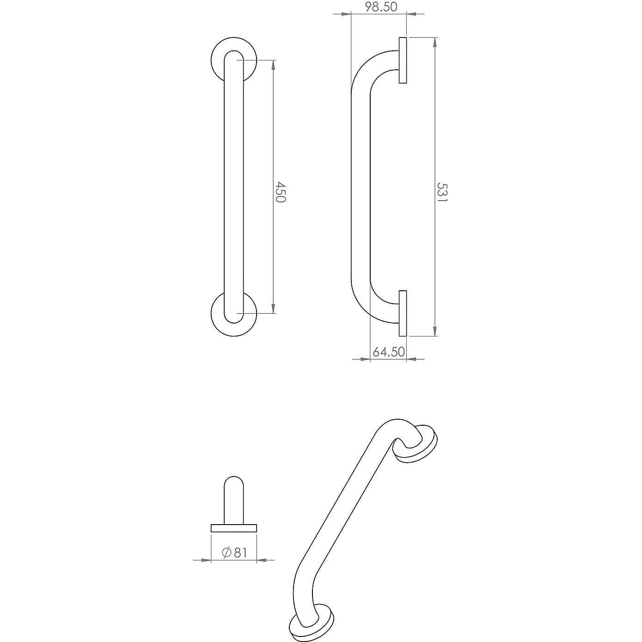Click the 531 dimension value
click(x=443, y=192)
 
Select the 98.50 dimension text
click(x=381, y=7)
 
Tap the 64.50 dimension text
click(x=389, y=352)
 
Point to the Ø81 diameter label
click(x=234, y=552)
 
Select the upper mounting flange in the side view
click(x=403, y=60)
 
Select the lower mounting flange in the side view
click(x=403, y=313)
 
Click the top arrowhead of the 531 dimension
click(x=434, y=43)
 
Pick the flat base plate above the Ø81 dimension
click(x=234, y=528)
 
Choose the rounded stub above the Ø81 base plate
click(x=234, y=499)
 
